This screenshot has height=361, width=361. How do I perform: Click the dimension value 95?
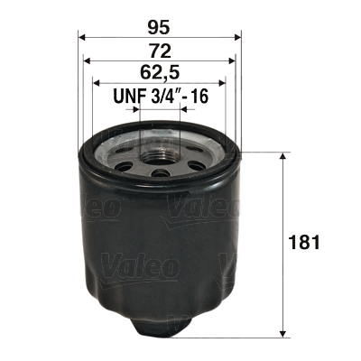click(x=161, y=26)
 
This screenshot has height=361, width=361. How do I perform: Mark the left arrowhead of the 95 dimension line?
click(x=82, y=38)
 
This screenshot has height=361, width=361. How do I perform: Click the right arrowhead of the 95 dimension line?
click(x=238, y=38)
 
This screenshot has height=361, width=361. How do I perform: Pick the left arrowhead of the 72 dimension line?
click(x=88, y=60)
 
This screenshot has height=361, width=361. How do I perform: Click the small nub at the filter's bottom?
click(x=160, y=326)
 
